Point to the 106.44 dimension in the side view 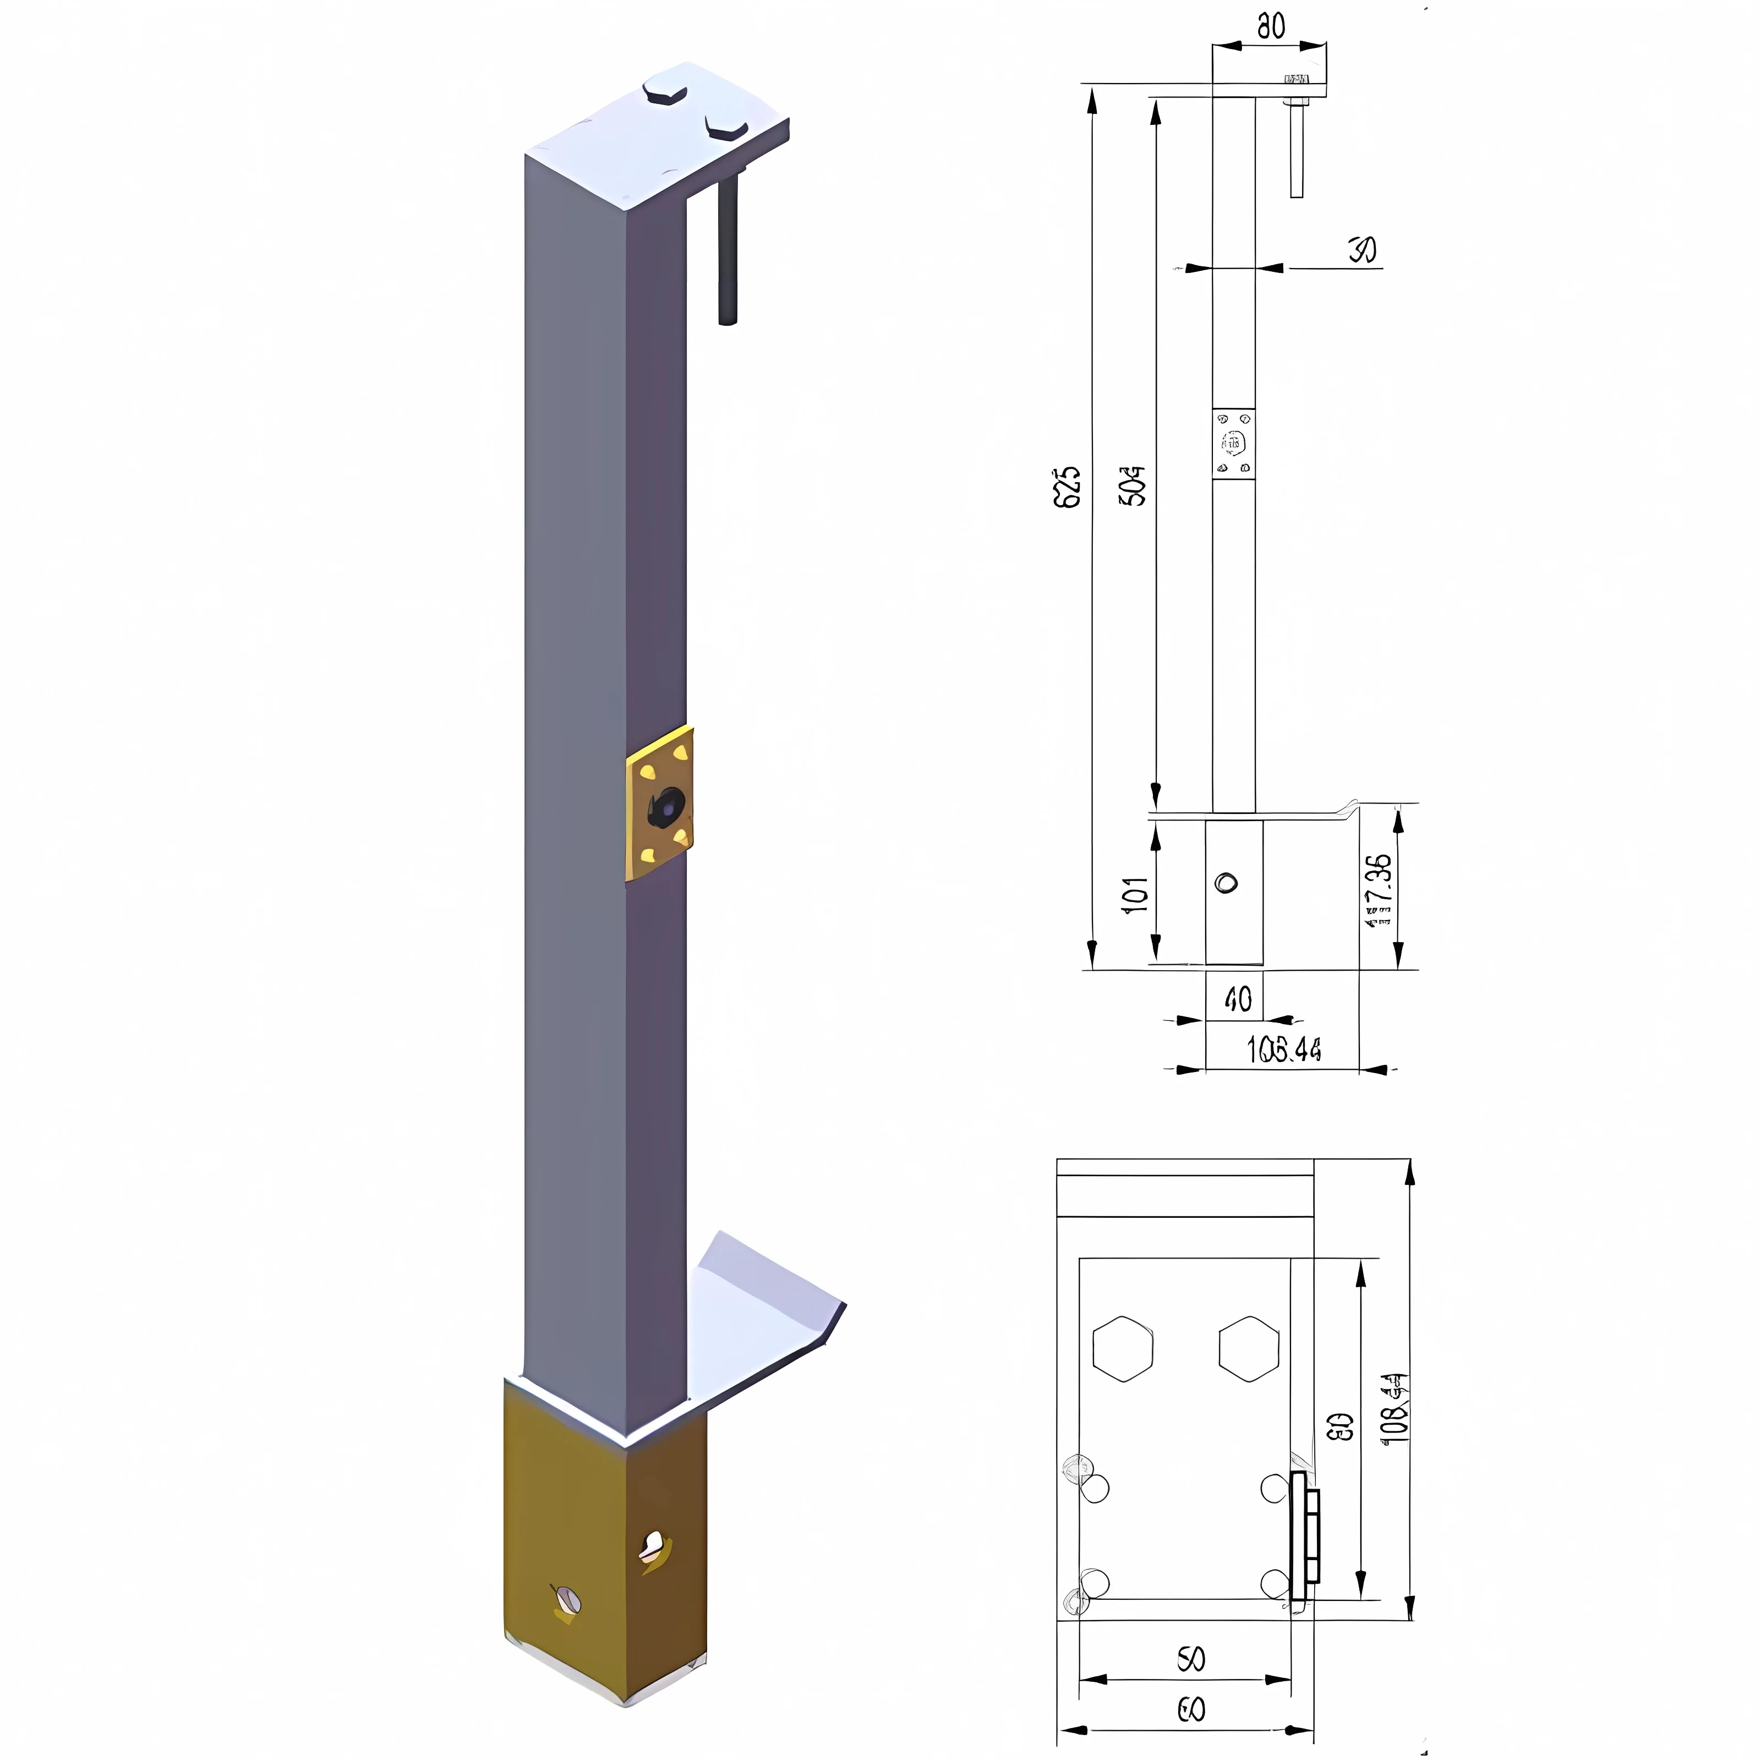(1283, 1050)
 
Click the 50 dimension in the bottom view (1191, 1659)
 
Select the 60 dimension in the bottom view (1191, 1710)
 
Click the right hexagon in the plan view (1249, 1349)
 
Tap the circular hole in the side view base (1227, 882)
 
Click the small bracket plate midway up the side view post (1234, 443)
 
